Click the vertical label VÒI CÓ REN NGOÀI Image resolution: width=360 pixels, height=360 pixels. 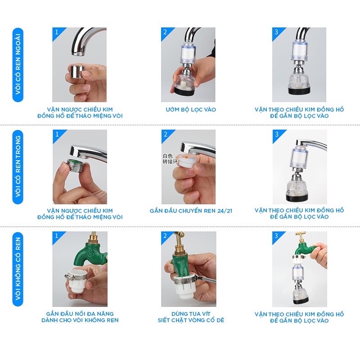(x=18, y=64)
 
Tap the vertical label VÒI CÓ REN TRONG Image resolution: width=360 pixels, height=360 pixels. (x=18, y=166)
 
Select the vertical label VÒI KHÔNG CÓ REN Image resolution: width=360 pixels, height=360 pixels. (x=18, y=269)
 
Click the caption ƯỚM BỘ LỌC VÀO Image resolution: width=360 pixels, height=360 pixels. (x=191, y=109)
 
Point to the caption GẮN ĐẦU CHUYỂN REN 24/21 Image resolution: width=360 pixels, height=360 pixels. (x=191, y=211)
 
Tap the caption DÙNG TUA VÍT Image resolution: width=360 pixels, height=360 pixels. (x=191, y=314)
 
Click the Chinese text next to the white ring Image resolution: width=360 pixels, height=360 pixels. (x=171, y=159)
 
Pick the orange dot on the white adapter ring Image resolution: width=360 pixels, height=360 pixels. (x=187, y=157)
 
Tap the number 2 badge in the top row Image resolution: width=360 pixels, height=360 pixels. (x=165, y=32)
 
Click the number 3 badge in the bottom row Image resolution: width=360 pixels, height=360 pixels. (x=276, y=235)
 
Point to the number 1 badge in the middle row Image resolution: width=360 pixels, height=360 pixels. (x=57, y=134)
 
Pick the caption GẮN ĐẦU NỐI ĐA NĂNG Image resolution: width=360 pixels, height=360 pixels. (x=80, y=314)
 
